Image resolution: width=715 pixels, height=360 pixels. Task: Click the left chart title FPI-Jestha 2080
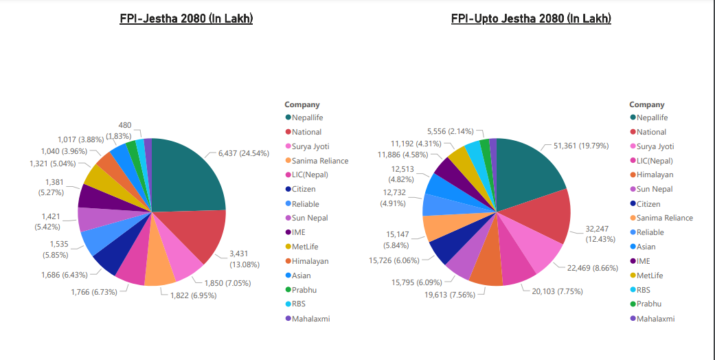[186, 19]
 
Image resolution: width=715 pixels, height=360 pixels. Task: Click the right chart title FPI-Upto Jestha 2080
[531, 19]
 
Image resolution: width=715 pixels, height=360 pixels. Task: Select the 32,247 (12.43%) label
[595, 234]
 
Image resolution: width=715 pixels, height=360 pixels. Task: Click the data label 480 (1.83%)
[125, 131]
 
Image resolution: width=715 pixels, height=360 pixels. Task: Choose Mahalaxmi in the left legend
[310, 319]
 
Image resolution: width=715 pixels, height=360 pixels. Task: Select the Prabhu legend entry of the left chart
[304, 290]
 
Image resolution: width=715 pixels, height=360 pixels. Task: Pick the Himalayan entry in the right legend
[655, 175]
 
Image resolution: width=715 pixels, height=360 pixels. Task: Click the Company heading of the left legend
[302, 104]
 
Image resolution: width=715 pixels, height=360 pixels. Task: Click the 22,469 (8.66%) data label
[585, 267]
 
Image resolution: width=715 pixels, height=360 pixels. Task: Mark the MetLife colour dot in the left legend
[288, 247]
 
